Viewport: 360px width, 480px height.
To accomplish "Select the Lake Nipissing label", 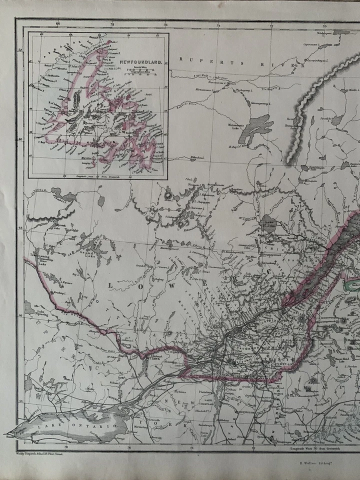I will [31, 314].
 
